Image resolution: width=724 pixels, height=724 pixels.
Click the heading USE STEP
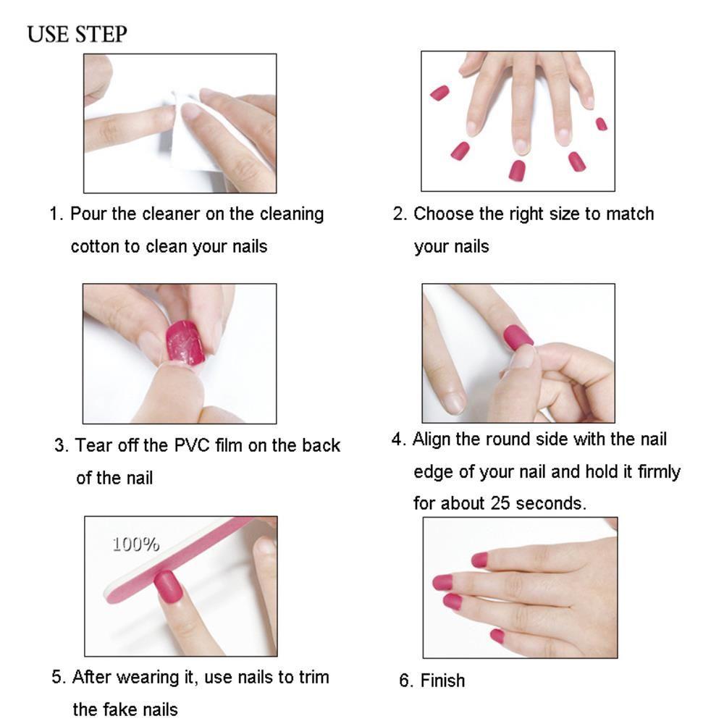77,34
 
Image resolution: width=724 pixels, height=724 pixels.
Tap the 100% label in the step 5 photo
136,544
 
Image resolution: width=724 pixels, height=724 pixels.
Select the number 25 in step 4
500,503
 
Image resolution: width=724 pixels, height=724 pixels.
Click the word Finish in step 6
442,681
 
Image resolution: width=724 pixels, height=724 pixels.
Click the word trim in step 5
314,677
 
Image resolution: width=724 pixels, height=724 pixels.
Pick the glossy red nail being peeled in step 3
185,343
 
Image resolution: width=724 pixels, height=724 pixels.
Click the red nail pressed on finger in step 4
518,337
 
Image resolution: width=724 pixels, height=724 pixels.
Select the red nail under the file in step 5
168,586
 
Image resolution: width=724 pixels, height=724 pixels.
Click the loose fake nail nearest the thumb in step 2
439,93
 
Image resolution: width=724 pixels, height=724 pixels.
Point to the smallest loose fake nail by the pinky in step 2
601,124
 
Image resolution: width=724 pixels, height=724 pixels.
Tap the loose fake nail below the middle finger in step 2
517,170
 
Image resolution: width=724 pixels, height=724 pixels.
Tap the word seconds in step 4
551,503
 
